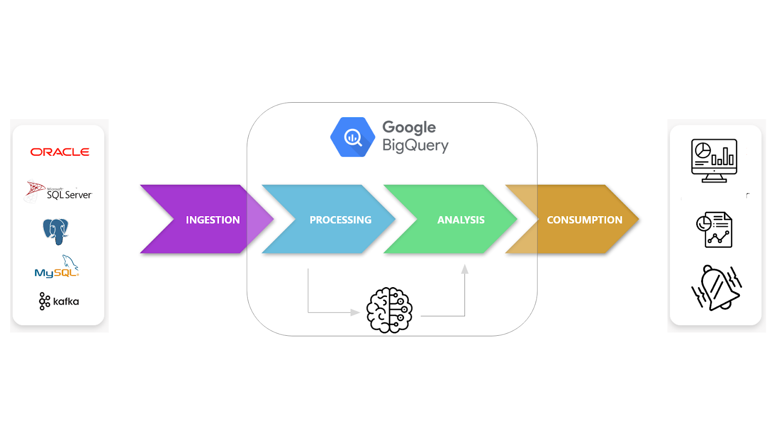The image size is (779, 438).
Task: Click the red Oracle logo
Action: pos(60,152)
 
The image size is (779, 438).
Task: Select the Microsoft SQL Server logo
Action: pos(58,191)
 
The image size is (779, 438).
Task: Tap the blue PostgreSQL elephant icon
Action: pos(56,232)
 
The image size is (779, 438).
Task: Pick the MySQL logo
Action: pos(57,266)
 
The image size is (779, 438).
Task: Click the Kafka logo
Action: pos(59,301)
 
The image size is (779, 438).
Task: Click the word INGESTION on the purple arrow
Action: pos(213,219)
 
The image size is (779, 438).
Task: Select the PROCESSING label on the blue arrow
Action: pos(340,219)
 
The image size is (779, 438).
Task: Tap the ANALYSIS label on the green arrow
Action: pos(461,219)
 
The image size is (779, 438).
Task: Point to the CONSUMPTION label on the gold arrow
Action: pos(585,219)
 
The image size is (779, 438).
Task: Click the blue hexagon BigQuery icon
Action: pos(352,137)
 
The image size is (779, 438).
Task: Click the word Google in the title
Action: pos(409,128)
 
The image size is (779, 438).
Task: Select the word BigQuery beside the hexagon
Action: pos(416,146)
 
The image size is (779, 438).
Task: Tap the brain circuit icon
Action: pos(389,310)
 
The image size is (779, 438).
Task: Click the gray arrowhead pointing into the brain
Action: pos(355,312)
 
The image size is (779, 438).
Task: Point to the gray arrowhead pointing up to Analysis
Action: pos(464,269)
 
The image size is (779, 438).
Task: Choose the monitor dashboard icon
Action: pos(714,161)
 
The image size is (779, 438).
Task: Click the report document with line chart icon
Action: pos(714,230)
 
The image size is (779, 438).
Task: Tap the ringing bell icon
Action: pos(716,288)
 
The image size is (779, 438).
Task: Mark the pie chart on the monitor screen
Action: pos(703,151)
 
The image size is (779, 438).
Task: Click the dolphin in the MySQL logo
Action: pos(70,262)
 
